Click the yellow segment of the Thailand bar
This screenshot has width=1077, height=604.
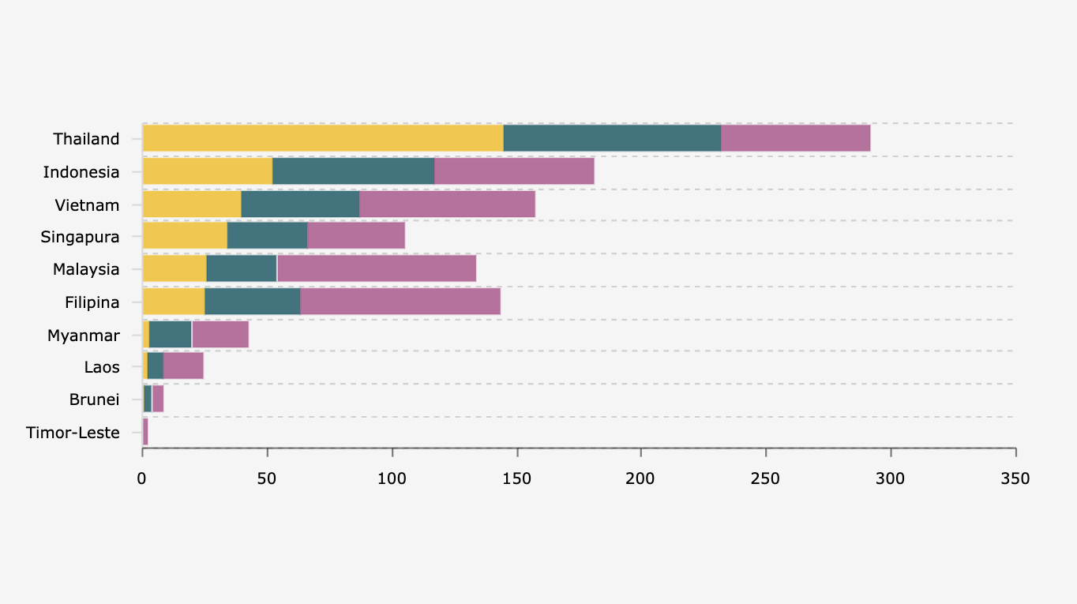[323, 138]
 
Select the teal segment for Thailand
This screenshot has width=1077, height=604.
[612, 138]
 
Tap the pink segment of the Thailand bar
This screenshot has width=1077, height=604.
[795, 138]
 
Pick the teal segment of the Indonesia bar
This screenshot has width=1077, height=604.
[353, 171]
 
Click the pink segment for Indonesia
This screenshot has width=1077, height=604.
[514, 171]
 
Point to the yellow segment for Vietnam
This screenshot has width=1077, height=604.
[192, 204]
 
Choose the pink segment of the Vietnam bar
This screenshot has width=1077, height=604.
[447, 204]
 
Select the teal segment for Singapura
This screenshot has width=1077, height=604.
[267, 236]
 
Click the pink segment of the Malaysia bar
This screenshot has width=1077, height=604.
[377, 268]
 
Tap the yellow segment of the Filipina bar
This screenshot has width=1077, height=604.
[174, 302]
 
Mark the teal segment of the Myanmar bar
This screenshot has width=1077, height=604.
[170, 335]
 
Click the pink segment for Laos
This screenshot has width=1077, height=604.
[183, 366]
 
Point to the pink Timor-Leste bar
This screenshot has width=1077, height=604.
[145, 432]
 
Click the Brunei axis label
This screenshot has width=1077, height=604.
[94, 400]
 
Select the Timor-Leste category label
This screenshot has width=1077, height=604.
[73, 433]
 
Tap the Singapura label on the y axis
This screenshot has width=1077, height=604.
[80, 237]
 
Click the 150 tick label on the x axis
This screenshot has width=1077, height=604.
[516, 478]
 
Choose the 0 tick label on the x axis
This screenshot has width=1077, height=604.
[142, 478]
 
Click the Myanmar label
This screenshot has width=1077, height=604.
[83, 336]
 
